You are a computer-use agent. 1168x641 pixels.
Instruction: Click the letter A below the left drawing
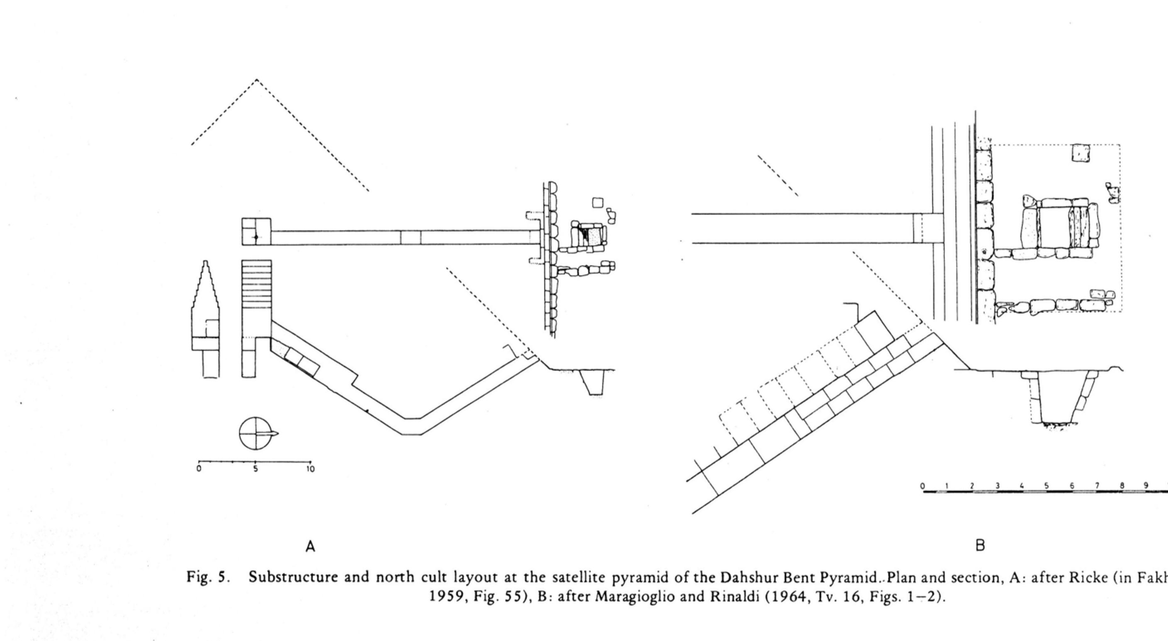tap(310, 546)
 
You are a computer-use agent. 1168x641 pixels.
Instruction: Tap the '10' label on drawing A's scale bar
tap(310, 470)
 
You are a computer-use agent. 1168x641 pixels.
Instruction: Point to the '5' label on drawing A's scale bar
tap(255, 470)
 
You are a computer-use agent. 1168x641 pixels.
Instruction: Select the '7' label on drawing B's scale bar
tap(1097, 486)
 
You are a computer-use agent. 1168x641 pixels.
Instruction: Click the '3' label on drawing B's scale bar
tap(997, 486)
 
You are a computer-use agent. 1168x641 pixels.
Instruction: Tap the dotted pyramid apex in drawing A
tap(257, 80)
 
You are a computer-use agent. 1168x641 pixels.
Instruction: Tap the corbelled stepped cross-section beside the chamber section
tap(205, 317)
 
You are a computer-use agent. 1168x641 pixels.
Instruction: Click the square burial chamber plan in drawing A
tap(256, 232)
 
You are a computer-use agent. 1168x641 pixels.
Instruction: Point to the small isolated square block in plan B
tap(1081, 153)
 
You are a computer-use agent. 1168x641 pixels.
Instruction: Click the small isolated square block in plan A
tap(598, 202)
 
